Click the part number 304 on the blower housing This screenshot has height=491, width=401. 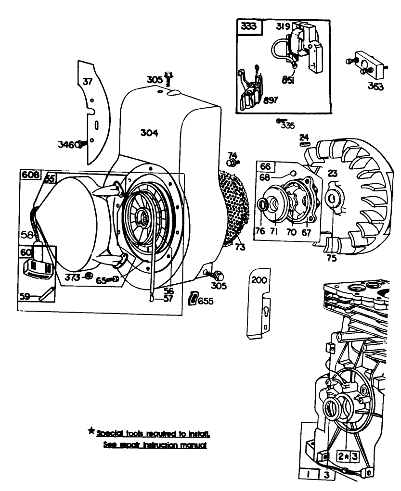[149, 133]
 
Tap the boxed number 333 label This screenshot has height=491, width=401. [249, 27]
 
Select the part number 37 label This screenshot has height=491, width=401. [87, 82]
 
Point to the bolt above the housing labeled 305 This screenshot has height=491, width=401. [168, 76]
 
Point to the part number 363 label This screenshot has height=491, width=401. [375, 86]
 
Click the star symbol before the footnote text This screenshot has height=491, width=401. [91, 431]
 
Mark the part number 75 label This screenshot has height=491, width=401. [332, 257]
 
